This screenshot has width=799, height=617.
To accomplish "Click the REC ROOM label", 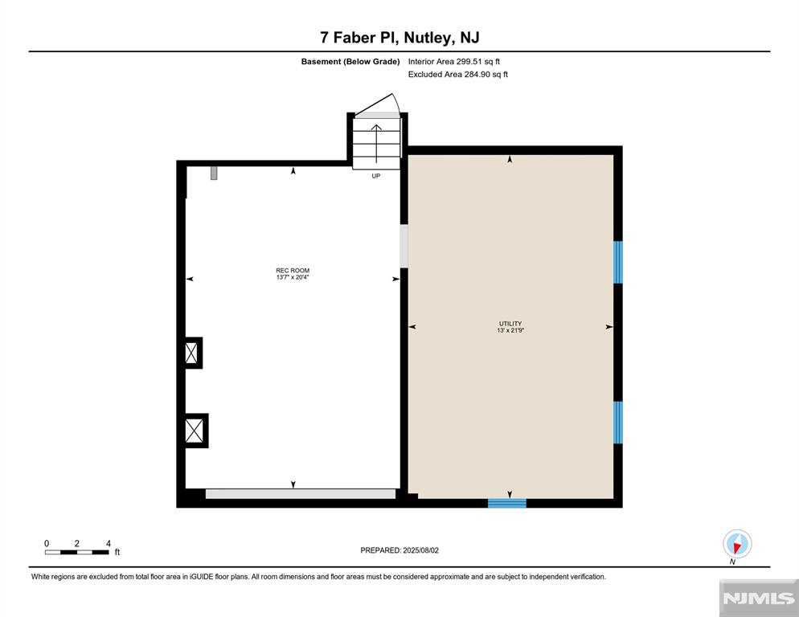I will click(293, 271).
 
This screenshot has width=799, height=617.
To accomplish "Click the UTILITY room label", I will click(510, 323).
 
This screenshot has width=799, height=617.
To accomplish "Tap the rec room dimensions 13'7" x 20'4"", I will click(293, 278).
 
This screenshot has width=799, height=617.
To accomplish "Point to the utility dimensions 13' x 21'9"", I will click(510, 330).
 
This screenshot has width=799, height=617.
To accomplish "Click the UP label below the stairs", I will click(375, 176).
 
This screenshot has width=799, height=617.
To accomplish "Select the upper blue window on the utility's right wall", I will click(618, 262).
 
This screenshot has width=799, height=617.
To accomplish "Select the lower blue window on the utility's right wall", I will click(618, 422).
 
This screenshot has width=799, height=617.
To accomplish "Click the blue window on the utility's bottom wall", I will click(507, 503).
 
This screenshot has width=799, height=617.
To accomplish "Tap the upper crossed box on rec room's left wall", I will click(191, 353).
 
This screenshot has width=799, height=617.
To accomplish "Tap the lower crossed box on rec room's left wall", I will click(194, 431).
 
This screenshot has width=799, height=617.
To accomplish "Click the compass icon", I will click(736, 544).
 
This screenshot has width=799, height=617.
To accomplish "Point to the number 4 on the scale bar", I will click(108, 543).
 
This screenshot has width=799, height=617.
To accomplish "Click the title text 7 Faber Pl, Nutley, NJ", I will click(399, 38).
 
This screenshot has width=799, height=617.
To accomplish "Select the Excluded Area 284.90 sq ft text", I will click(458, 75).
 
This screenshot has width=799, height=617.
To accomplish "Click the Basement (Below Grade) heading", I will click(350, 61).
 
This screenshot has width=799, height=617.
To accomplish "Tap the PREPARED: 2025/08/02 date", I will click(400, 550).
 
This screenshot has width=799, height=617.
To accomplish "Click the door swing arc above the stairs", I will click(379, 104).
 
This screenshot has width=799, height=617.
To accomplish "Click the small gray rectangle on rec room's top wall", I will click(214, 173).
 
